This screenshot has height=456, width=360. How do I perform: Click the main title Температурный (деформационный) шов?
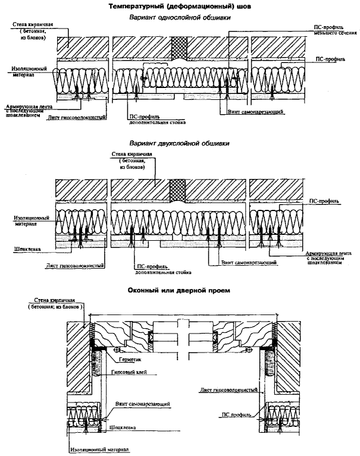[180, 7]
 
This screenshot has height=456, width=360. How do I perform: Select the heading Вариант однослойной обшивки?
[180, 18]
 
